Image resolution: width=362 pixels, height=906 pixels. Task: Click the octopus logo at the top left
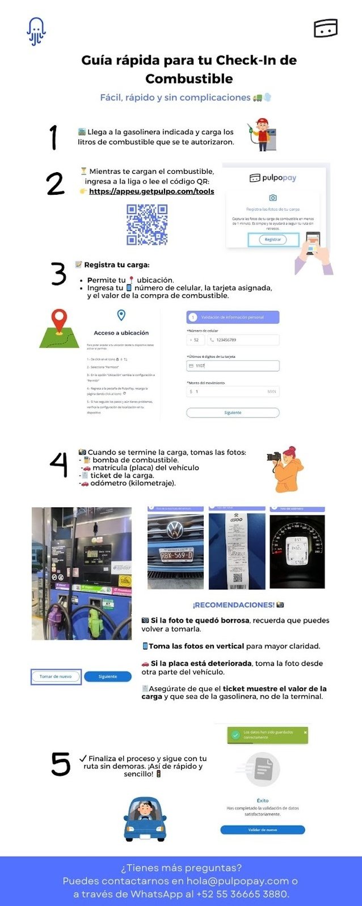point(36,31)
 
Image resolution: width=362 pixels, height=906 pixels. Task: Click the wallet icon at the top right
point(326,28)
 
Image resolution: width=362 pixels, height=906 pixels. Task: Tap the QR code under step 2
point(146,224)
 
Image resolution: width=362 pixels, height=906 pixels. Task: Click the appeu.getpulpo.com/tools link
point(151,191)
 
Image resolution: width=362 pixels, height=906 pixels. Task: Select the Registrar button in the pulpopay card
point(273,240)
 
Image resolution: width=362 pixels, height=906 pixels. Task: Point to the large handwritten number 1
point(53,137)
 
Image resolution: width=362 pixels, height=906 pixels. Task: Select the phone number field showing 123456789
point(243,340)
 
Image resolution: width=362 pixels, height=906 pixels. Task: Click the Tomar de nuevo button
point(56,677)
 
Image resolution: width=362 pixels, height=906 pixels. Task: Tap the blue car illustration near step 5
point(145,819)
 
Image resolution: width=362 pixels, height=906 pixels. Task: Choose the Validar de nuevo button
point(262,830)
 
